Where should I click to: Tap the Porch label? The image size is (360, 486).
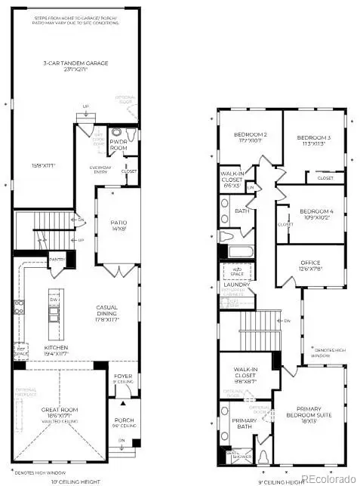(122, 423)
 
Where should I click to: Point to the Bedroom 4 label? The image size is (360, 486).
(315, 214)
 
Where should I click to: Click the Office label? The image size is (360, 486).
(310, 266)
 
